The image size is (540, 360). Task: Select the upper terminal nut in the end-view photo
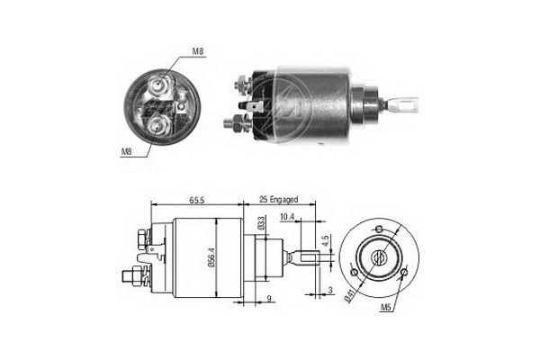pyautogui.click(x=159, y=86)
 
